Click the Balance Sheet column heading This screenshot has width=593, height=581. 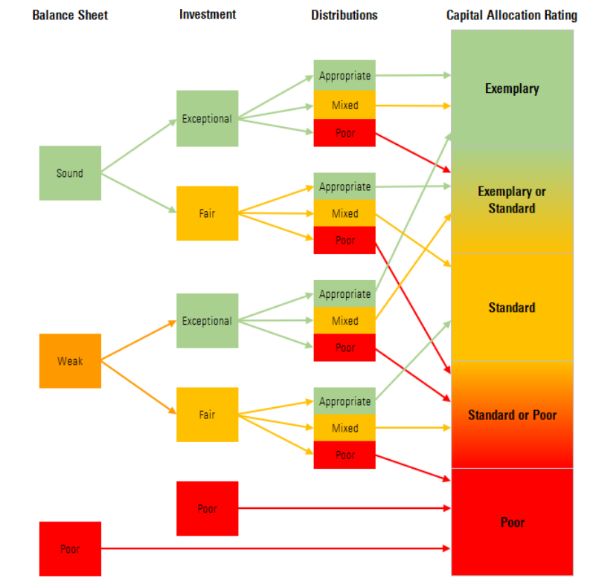click(70, 15)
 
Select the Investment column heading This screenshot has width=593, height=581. click(207, 15)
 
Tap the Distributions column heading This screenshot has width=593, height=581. click(344, 15)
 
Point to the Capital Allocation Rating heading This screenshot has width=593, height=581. click(511, 16)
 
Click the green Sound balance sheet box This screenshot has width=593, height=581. click(70, 173)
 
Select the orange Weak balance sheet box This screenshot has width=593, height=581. click(70, 361)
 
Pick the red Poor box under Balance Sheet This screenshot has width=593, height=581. click(70, 549)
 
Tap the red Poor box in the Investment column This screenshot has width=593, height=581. click(207, 509)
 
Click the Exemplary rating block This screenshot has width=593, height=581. click(512, 89)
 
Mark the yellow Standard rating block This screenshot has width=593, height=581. click(512, 308)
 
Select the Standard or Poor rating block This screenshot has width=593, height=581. click(512, 415)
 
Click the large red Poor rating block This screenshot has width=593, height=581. click(512, 522)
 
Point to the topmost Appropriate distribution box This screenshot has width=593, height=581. click(344, 76)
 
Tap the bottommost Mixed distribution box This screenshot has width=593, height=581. click(344, 428)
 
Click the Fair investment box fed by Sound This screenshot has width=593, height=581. click(207, 213)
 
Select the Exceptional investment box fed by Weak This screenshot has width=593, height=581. click(207, 321)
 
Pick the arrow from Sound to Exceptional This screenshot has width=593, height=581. click(138, 146)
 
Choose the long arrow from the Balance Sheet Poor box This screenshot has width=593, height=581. click(275, 549)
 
